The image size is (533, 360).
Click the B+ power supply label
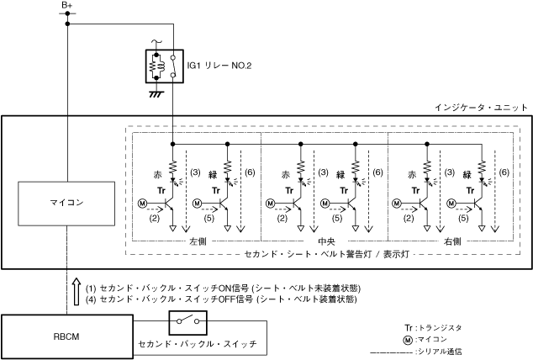67,6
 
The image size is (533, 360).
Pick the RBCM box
66,335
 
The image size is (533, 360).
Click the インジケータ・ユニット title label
481,108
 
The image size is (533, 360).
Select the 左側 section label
198,241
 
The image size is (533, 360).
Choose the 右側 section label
452,241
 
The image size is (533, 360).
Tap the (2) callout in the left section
155,218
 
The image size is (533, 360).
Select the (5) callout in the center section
337,218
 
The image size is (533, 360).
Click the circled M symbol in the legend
409,339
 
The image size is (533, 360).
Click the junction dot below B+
67,24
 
